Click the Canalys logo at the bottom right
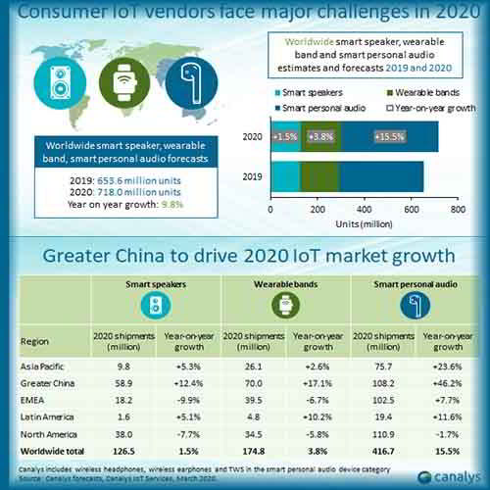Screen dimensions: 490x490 tap(449, 476)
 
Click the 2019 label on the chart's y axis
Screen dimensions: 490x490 tap(249, 177)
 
